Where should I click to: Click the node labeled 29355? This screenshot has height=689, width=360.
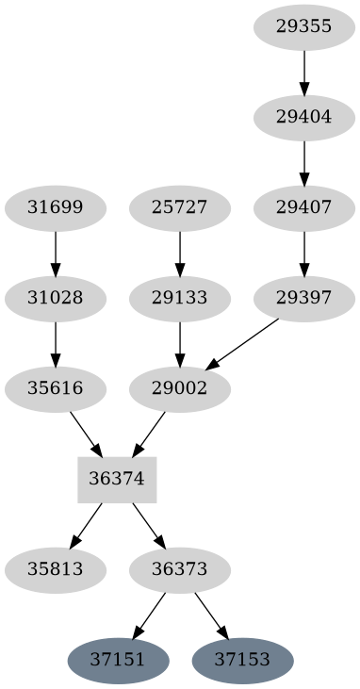pos(304,26)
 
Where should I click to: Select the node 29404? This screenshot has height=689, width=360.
pos(304,118)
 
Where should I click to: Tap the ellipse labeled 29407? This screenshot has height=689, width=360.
pos(304,207)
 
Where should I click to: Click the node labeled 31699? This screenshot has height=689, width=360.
pos(56,207)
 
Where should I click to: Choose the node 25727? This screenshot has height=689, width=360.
pos(180,207)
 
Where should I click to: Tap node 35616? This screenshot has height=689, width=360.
pos(56,388)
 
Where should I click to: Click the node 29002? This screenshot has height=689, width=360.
pos(180,388)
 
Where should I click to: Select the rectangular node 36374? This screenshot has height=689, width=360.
pos(116,479)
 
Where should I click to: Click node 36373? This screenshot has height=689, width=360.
pos(180,569)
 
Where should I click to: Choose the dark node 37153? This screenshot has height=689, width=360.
pos(242,660)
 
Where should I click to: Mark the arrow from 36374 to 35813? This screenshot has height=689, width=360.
pos(87,523)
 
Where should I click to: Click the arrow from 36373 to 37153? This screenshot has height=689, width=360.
pos(211,615)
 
